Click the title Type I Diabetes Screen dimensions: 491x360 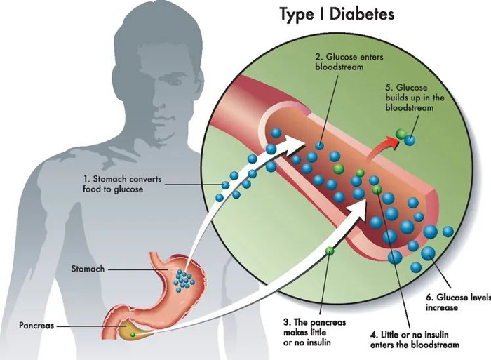(x=337, y=15)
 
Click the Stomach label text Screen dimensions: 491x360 (x=88, y=269)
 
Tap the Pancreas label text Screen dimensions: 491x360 (x=36, y=325)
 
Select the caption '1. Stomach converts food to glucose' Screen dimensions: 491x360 (x=122, y=184)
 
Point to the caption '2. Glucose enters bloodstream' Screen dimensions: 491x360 (x=349, y=62)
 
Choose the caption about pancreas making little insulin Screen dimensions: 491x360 (x=314, y=333)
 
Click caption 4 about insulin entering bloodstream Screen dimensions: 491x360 (x=415, y=340)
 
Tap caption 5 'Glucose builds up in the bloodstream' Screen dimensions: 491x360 (x=415, y=98)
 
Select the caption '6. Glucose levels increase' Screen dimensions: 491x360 (x=458, y=302)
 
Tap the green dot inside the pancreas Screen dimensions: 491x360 (x=133, y=335)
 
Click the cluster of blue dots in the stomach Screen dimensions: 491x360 (x=184, y=280)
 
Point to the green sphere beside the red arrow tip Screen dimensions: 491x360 (x=401, y=134)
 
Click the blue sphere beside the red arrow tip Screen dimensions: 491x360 (x=409, y=140)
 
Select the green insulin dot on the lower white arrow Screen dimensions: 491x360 (x=330, y=251)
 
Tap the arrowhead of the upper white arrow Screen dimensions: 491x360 (x=296, y=143)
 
